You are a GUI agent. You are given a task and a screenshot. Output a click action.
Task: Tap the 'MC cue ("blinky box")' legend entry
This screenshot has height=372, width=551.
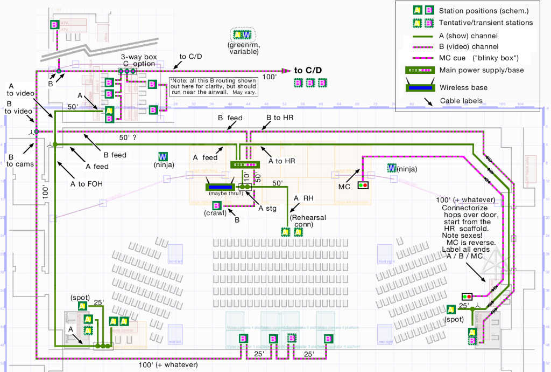coord(474,58)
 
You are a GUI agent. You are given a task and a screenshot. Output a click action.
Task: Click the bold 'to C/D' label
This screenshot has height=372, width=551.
coord(308,70)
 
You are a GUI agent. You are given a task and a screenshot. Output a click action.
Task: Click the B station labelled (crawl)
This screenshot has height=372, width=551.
coord(216,205)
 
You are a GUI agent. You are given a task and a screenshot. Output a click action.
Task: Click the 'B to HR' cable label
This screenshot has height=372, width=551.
coord(279,118)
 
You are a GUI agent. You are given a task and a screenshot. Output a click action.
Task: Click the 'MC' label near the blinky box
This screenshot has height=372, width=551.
coord(345,186)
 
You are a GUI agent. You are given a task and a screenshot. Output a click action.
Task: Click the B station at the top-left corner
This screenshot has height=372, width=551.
coord(54,25)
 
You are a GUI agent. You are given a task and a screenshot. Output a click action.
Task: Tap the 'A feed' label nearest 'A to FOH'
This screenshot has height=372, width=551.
coord(97,166)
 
